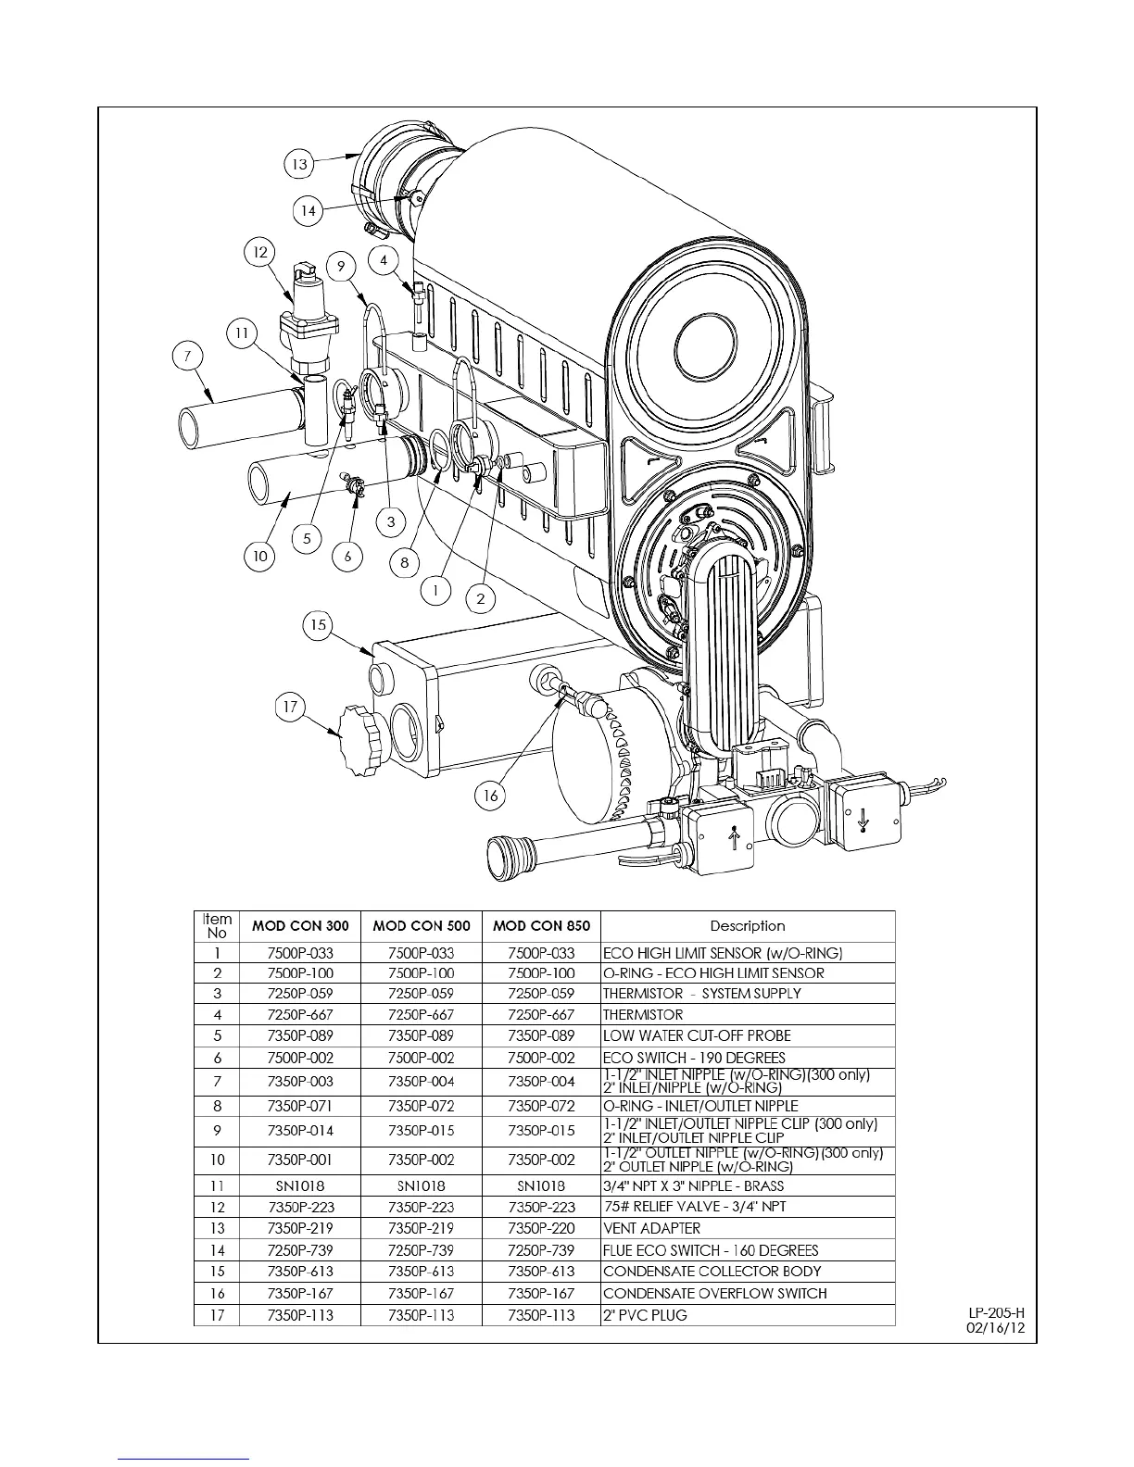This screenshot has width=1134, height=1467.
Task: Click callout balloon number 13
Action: pyautogui.click(x=299, y=165)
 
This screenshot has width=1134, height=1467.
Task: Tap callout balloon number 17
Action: pyautogui.click(x=291, y=708)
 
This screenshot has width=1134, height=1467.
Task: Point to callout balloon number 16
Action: pyautogui.click(x=491, y=795)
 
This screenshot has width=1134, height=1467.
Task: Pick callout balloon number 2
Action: pyautogui.click(x=481, y=598)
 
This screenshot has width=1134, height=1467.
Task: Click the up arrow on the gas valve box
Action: pyautogui.click(x=735, y=839)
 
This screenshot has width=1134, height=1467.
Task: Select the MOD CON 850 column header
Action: pyautogui.click(x=541, y=925)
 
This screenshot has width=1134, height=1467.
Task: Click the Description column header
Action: pyautogui.click(x=748, y=925)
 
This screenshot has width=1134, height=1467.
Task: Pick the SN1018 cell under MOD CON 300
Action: pyautogui.click(x=299, y=1185)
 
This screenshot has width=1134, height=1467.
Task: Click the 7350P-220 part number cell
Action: pyautogui.click(x=541, y=1228)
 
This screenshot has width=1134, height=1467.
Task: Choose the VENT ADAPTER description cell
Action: pyautogui.click(x=652, y=1228)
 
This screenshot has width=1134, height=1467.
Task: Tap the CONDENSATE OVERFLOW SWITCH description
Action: pyautogui.click(x=714, y=1293)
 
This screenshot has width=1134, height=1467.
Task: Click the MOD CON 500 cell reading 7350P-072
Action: pyautogui.click(x=421, y=1106)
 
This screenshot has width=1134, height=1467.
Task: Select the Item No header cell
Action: pyautogui.click(x=217, y=925)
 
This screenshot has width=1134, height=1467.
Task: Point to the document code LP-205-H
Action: pyautogui.click(x=997, y=1312)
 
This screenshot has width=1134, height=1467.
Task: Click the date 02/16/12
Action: pyautogui.click(x=997, y=1326)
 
